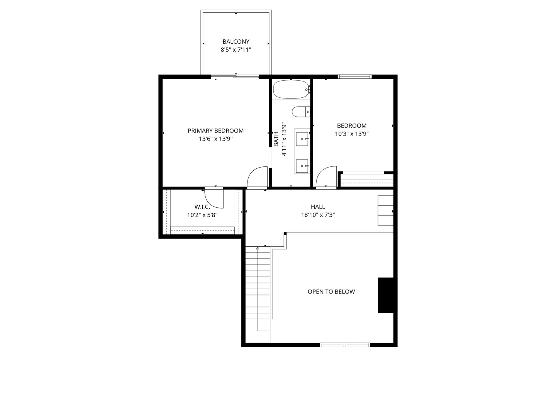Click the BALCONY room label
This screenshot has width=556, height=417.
coord(236,41)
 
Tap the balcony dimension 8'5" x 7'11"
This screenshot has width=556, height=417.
coord(236,50)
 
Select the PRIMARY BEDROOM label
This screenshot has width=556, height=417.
coord(215,131)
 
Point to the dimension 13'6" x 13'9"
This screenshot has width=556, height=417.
coord(215,139)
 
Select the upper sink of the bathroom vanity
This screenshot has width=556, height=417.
coord(302,138)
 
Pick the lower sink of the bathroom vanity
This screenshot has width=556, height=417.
coord(302,166)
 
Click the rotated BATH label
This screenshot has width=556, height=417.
coord(276,139)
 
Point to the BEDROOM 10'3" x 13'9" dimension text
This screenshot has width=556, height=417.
coord(352,134)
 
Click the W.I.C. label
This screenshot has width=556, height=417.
coord(202,207)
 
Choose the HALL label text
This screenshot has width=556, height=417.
coord(318,207)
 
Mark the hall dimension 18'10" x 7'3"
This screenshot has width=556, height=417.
coord(318,215)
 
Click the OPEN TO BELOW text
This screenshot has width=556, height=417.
coord(331,292)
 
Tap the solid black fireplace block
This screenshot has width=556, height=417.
coord(385,295)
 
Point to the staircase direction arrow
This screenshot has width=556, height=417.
coord(258,248)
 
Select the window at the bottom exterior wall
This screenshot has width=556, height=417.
coord(345,345)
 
